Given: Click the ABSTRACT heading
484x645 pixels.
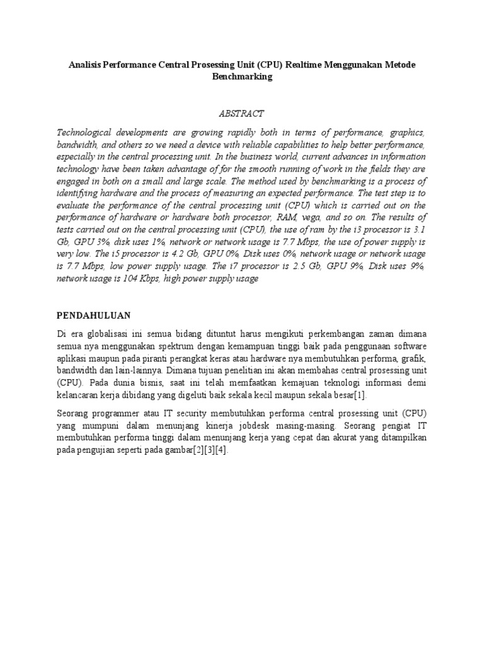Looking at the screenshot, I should click(x=241, y=113).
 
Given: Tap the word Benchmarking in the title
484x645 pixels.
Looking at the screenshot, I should click(x=241, y=77).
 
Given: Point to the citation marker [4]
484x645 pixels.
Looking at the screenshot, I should click(x=221, y=450).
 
